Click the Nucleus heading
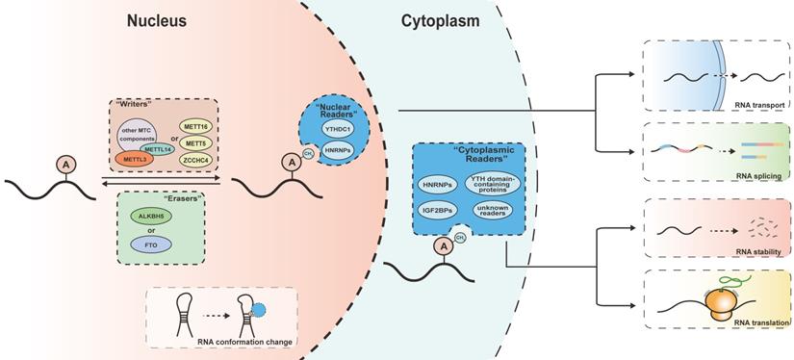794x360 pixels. coord(158,20)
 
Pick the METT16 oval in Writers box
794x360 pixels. coord(199,125)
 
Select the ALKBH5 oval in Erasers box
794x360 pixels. coord(150,218)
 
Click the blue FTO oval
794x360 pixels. coord(150,246)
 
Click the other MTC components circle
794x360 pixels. coord(139,133)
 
